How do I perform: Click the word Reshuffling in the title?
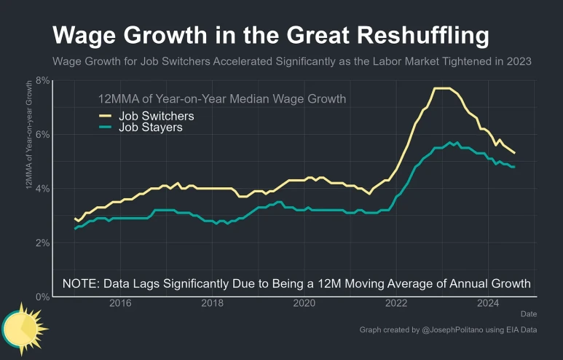409,35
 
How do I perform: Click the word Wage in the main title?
85,35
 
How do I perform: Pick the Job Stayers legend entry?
151,128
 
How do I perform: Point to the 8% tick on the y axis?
42,80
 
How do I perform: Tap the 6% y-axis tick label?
42,134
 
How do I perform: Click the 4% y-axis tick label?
42,188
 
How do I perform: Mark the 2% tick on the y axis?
42,242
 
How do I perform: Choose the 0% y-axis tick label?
42,297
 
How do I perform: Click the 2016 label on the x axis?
120,303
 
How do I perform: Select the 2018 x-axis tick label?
212,303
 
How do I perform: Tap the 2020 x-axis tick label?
304,303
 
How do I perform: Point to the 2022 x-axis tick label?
395,303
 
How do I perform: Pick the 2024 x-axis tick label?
487,303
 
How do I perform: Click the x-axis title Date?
528,313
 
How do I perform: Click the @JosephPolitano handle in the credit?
454,330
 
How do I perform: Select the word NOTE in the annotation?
83,283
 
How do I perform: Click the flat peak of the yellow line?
445,89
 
